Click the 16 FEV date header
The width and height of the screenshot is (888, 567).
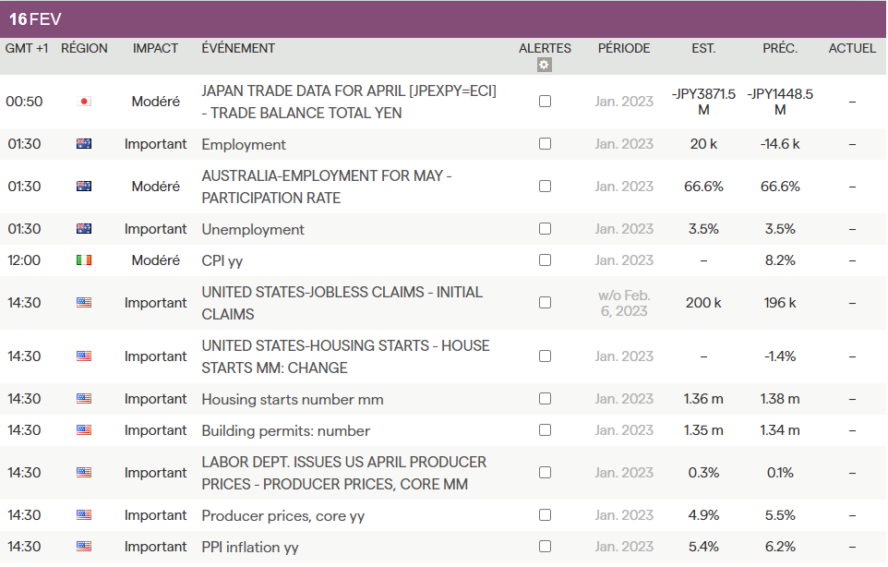35,19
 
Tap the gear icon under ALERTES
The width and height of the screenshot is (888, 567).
545,65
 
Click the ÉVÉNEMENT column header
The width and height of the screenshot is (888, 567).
238,48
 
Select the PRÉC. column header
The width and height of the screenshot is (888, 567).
780,48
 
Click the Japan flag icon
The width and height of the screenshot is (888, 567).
84,102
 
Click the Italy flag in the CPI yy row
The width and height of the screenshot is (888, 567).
84,260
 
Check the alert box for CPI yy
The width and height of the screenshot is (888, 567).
545,260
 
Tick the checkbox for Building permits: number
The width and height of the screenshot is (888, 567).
545,430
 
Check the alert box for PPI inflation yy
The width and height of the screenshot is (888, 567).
545,547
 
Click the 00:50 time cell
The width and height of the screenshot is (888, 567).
24,102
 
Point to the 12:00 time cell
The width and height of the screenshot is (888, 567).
24,260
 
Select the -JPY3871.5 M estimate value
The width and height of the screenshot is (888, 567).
703,102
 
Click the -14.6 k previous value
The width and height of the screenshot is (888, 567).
780,144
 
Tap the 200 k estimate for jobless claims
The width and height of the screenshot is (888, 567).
703,303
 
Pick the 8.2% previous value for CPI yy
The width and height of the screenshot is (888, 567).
780,260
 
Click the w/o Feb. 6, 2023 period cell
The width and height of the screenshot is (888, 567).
624,303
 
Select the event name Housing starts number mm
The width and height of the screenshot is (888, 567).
293,399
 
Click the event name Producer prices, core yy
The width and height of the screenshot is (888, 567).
283,515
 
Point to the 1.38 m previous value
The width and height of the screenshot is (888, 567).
780,399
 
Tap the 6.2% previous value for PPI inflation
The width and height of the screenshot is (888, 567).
780,547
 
